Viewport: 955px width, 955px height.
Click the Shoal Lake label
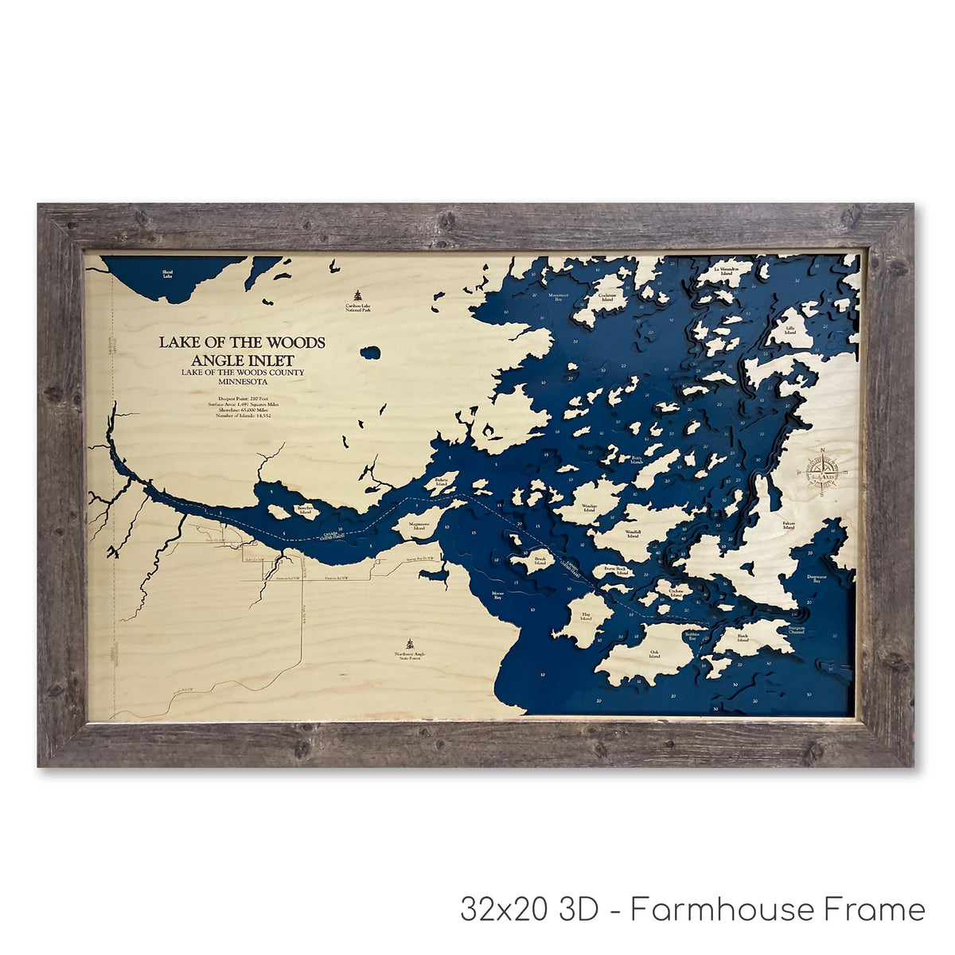pos(167,274)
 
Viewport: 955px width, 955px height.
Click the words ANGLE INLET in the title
pos(242,360)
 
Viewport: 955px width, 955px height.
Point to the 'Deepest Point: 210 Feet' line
pos(242,397)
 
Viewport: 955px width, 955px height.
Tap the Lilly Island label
pos(790,330)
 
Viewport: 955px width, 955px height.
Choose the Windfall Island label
pos(633,534)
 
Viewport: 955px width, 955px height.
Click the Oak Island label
pos(654,654)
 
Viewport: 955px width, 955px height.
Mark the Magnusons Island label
pos(419,525)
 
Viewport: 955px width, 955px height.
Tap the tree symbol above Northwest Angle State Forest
pos(410,644)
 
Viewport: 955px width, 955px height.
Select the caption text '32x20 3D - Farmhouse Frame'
pos(692,909)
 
